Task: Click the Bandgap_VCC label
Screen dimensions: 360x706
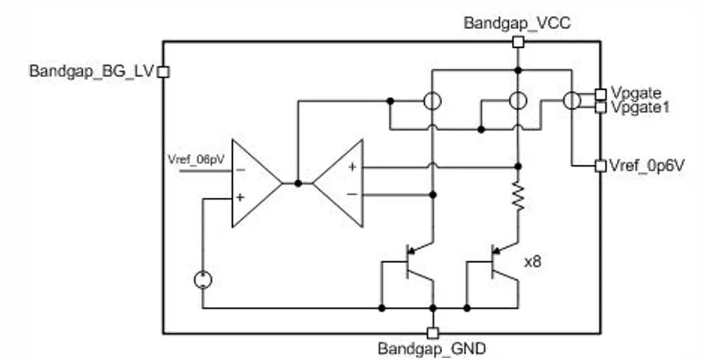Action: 517,24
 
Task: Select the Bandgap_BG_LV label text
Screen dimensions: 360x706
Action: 91,71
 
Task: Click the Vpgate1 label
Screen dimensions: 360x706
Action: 639,107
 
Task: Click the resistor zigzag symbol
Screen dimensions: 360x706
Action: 518,197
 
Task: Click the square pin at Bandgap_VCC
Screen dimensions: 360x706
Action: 517,42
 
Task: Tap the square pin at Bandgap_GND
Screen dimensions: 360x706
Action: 433,332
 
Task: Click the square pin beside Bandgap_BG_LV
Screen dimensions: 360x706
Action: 164,72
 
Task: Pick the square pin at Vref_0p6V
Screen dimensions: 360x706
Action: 600,165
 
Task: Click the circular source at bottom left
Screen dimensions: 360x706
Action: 203,281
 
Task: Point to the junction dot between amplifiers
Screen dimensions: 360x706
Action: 297,184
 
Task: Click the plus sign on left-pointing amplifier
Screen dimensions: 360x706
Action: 352,167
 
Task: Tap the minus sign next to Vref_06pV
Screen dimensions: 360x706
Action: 240,171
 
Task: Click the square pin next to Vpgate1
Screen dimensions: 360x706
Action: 600,107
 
